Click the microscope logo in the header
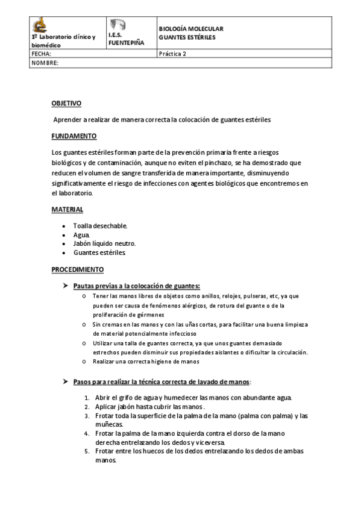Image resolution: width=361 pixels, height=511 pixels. (40, 25)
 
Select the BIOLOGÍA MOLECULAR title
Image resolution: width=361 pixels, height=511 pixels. (190, 29)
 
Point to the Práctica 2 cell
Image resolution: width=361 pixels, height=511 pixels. (173, 54)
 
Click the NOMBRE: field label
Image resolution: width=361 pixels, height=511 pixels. (45, 63)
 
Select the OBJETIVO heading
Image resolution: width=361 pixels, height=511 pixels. (66, 104)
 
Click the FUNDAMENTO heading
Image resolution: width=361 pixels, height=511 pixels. (74, 136)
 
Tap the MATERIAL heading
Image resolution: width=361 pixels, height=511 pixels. (67, 209)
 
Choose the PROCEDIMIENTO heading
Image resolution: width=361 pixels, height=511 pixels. (78, 269)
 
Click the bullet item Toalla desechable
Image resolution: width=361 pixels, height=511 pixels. (100, 225)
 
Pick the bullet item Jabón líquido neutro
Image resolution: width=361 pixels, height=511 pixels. (104, 243)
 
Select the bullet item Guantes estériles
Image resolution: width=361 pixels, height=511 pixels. (99, 252)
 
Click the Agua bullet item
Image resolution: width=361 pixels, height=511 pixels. (81, 234)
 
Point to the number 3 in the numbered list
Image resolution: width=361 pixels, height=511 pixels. (87, 407)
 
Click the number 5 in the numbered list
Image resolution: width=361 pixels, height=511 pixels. (87, 451)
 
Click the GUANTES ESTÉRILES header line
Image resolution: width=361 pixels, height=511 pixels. (187, 37)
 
